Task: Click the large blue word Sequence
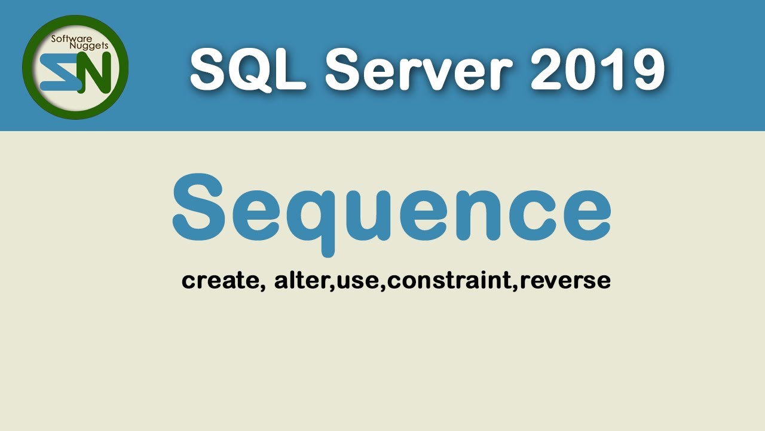(x=391, y=207)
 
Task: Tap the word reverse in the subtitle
(x=565, y=280)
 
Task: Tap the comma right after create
(x=263, y=287)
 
